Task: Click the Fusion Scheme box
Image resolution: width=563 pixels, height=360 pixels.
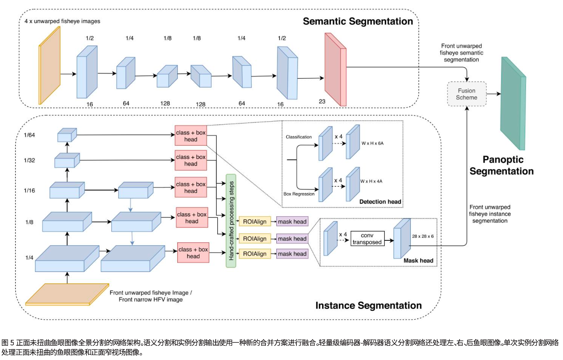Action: click(x=466, y=94)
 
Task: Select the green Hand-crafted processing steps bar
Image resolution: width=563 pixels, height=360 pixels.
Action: click(x=231, y=221)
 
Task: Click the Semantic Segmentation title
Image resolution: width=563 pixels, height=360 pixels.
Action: click(x=358, y=21)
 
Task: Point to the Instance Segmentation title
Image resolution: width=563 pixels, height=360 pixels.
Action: click(x=368, y=305)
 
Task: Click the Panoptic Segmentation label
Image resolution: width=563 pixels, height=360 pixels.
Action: click(x=501, y=165)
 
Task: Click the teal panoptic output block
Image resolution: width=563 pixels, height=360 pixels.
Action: click(x=513, y=103)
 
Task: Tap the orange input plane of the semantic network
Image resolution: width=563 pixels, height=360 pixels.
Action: click(x=50, y=65)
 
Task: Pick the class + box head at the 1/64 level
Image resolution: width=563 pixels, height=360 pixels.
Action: click(x=191, y=135)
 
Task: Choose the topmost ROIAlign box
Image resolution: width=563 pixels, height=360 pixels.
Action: click(x=255, y=222)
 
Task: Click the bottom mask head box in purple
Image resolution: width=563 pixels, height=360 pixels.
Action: click(x=293, y=254)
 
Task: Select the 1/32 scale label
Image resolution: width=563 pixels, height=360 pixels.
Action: click(x=31, y=160)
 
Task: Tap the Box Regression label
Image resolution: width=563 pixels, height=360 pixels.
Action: click(x=299, y=194)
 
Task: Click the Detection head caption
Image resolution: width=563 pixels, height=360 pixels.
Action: click(x=380, y=202)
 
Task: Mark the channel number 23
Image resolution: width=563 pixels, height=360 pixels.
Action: click(x=323, y=101)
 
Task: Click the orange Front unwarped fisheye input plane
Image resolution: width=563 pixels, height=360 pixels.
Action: click(x=67, y=294)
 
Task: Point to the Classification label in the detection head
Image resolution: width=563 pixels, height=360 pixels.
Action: click(x=298, y=137)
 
